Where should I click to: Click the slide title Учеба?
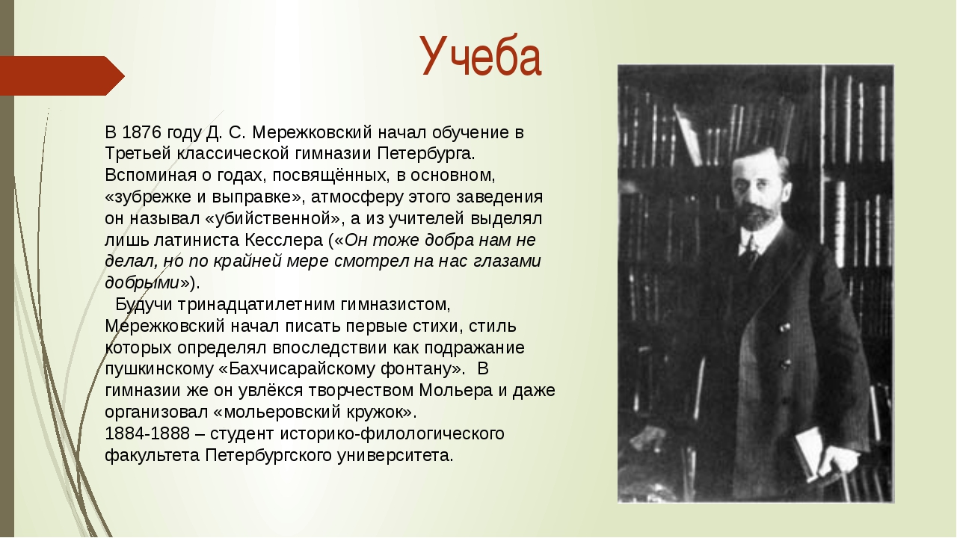coord(481,56)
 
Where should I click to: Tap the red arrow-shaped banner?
coord(62,75)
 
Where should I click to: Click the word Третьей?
coord(138,153)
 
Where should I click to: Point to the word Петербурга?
coord(426,154)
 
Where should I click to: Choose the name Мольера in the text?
coord(456,391)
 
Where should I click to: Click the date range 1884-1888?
coord(147,434)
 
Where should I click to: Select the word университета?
coord(396,456)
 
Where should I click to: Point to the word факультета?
coord(152,456)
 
